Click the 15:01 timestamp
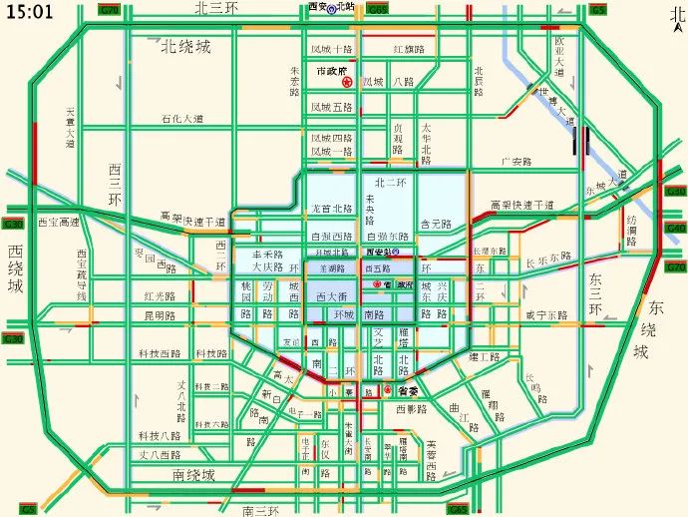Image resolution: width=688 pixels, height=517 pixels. pyautogui.click(x=29, y=12)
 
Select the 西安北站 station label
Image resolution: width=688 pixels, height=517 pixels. pyautogui.click(x=332, y=7)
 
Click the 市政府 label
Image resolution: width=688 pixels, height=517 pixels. pyautogui.click(x=330, y=72)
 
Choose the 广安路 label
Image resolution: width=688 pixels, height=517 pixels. pyautogui.click(x=516, y=161)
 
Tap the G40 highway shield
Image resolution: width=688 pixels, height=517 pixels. pyautogui.click(x=676, y=229)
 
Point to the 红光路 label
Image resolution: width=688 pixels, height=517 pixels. pyautogui.click(x=159, y=296)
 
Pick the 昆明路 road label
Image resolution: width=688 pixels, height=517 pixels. pyautogui.click(x=159, y=315)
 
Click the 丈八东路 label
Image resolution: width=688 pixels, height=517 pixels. pyautogui.click(x=157, y=454)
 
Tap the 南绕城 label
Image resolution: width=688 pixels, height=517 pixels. pyautogui.click(x=193, y=475)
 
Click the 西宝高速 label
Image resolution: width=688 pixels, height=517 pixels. pyautogui.click(x=58, y=222)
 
